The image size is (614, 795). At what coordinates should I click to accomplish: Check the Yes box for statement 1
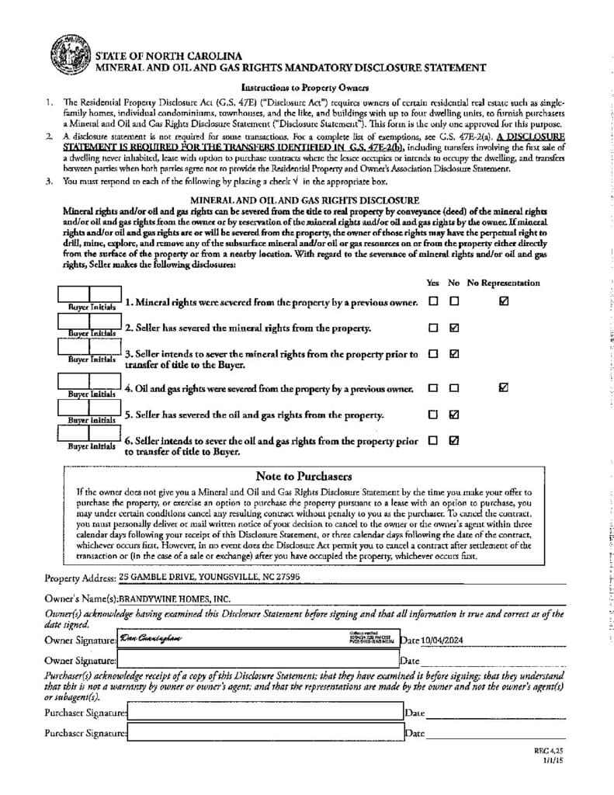pos(433,301)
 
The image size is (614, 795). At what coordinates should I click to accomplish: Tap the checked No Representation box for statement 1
pos(505,301)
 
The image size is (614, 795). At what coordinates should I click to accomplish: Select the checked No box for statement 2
pos(454,328)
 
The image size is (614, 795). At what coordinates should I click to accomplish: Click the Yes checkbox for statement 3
pos(433,354)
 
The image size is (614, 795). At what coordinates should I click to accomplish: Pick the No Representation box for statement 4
pos(505,387)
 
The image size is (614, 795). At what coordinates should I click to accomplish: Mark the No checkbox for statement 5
pos(454,414)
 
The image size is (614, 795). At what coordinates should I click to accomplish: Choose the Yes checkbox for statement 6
pos(433,440)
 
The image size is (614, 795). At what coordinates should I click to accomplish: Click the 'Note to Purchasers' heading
pos(304,476)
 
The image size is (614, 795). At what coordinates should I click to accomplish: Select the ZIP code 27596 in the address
pos(285,578)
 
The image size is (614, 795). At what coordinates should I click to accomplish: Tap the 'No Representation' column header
pos(504,283)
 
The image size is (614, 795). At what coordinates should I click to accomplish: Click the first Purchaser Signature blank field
pos(264,712)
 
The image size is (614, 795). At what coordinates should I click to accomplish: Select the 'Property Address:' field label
pos(80,578)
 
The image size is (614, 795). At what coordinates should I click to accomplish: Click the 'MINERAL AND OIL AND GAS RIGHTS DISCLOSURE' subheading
pos(304,200)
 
